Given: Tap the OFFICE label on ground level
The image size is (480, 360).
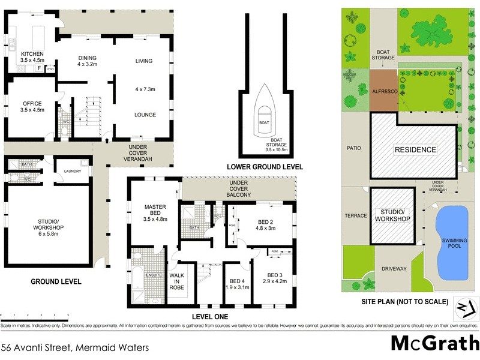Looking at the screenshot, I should coord(32,103).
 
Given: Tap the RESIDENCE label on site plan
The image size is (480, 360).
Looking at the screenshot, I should coord(415,149).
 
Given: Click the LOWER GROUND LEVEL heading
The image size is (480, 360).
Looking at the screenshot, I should coord(264,166).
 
